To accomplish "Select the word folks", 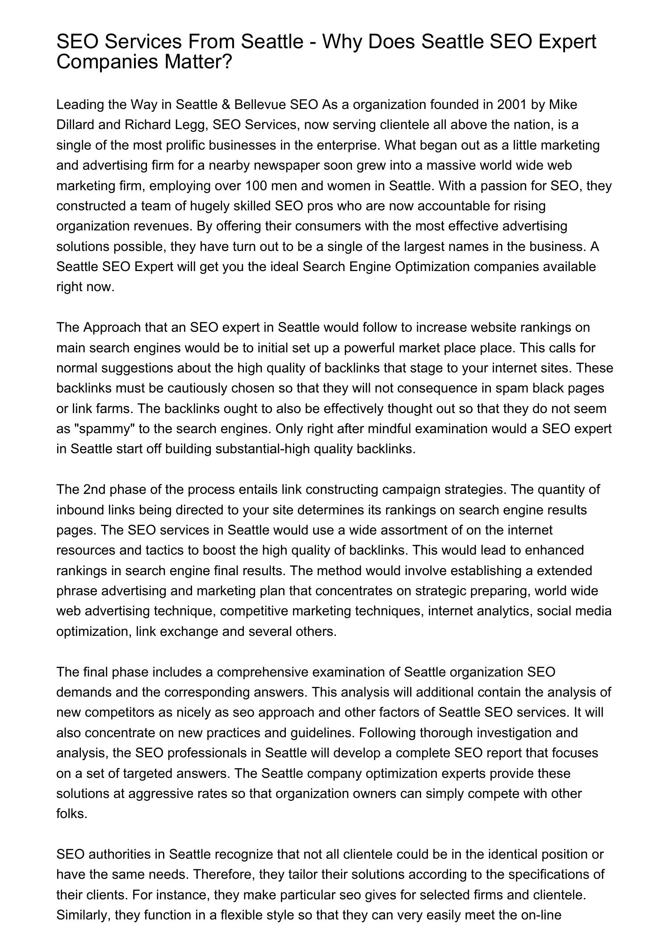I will (71, 814).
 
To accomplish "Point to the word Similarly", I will (84, 915).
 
